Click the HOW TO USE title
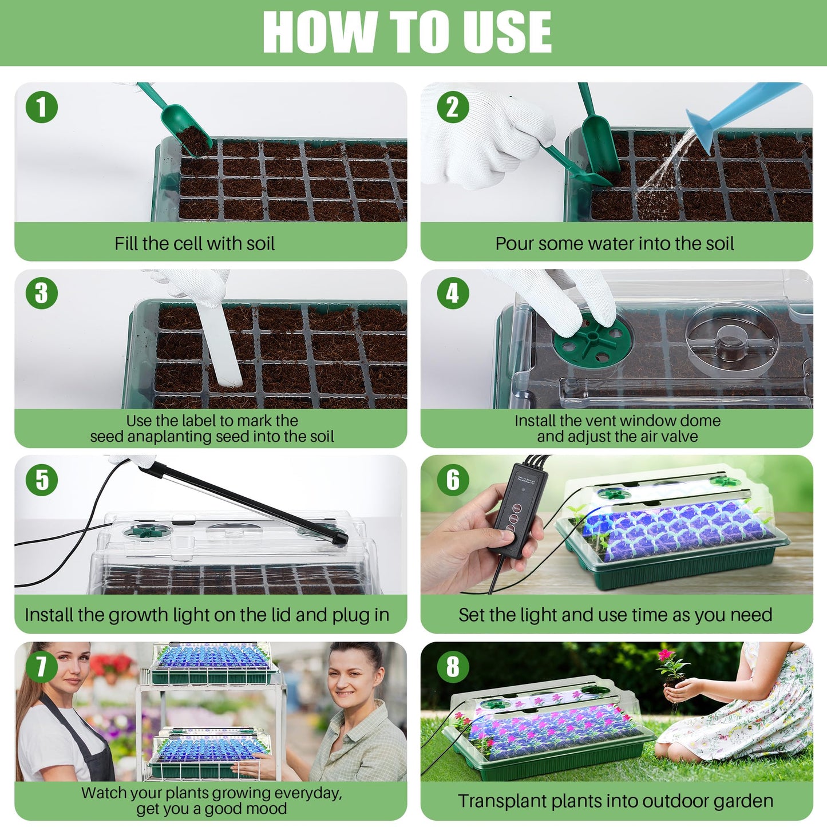coord(407,32)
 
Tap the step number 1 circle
coord(42,107)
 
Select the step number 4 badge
coord(452,293)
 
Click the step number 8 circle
coord(452,666)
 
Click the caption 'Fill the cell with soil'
coord(195,243)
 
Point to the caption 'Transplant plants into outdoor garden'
coord(615,801)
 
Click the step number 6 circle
coord(452,480)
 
